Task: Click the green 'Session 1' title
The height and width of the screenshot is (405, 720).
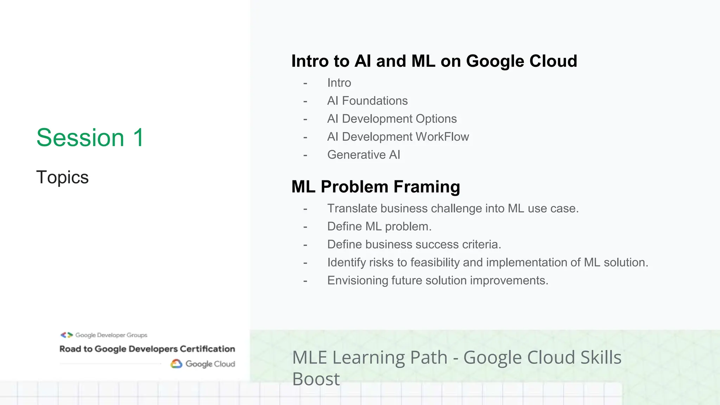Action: coord(90,137)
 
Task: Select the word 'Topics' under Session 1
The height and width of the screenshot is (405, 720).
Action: coord(62,177)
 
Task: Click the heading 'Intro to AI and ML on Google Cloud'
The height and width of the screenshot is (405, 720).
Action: coord(434,61)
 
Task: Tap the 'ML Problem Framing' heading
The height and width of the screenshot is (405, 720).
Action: coord(375,187)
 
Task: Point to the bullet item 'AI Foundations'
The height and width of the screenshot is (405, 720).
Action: coord(367,101)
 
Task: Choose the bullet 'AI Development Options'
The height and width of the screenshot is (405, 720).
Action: coord(392,119)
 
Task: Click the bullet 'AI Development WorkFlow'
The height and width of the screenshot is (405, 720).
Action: coord(398,137)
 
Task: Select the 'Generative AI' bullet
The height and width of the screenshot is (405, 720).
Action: coord(364,155)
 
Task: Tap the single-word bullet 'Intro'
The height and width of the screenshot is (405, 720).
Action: coord(339,83)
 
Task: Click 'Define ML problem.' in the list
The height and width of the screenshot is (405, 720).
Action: coord(379,226)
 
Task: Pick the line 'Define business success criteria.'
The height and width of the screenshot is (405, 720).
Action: coord(414,244)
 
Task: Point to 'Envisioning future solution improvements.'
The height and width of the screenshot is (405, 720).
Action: coord(437,281)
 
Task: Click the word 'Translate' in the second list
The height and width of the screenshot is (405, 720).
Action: coord(352,208)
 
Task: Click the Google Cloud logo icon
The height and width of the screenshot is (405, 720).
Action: coord(176,364)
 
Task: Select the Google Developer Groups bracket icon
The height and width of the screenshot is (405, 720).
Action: coord(66,335)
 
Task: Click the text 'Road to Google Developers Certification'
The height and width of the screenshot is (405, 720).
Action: coord(147,349)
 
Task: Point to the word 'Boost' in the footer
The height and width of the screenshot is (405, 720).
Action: coord(316,379)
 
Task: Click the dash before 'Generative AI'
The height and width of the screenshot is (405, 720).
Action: coord(305,155)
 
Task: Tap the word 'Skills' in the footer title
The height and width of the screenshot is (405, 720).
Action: coord(601,358)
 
